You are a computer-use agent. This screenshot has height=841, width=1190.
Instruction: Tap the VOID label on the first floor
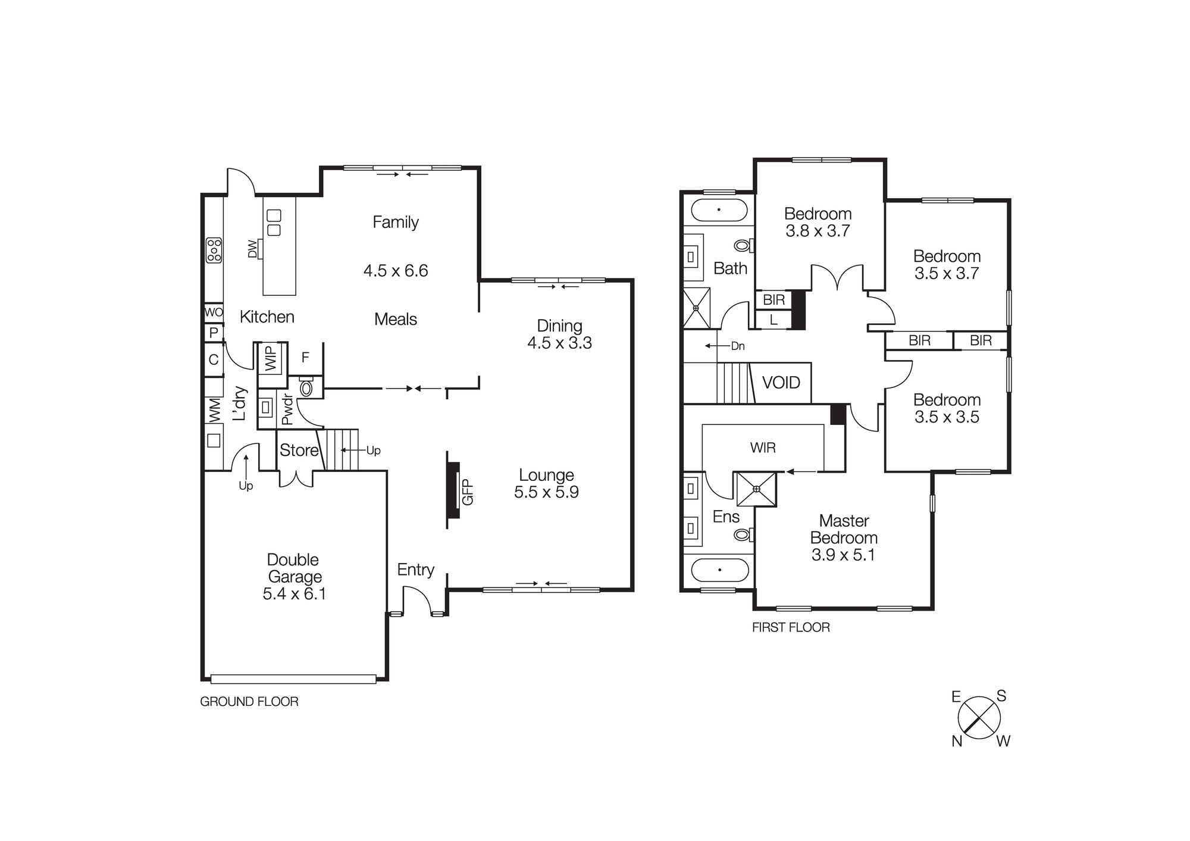(x=781, y=383)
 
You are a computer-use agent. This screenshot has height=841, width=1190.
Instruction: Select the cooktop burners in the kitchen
(x=214, y=251)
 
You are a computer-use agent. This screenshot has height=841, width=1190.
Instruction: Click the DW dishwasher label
(x=253, y=249)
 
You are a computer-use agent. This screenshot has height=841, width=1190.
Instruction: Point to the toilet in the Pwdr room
(x=306, y=388)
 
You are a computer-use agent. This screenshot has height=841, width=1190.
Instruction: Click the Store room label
(x=299, y=451)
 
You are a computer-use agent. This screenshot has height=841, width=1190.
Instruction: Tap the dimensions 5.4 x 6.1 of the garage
(x=294, y=594)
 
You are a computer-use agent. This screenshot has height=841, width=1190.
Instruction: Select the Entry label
(x=415, y=570)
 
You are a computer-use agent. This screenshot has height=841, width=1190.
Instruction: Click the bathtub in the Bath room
(x=719, y=210)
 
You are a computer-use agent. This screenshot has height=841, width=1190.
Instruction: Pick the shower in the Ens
(x=756, y=489)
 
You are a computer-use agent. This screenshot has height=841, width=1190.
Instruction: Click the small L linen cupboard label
(x=773, y=320)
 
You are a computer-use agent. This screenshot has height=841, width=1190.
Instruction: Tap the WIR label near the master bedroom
(x=763, y=448)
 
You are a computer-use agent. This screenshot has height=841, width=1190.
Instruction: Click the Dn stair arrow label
(x=737, y=346)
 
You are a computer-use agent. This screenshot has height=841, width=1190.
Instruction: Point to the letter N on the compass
(x=957, y=741)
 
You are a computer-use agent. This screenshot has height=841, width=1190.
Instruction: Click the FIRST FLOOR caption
(x=790, y=627)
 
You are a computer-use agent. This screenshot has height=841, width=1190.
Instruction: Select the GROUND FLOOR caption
(x=249, y=702)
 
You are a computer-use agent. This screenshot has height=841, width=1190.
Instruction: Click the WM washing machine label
(x=214, y=410)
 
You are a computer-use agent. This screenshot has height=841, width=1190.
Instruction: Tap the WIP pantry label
(x=271, y=358)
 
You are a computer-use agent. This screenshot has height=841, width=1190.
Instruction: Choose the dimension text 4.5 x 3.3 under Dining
(x=559, y=343)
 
